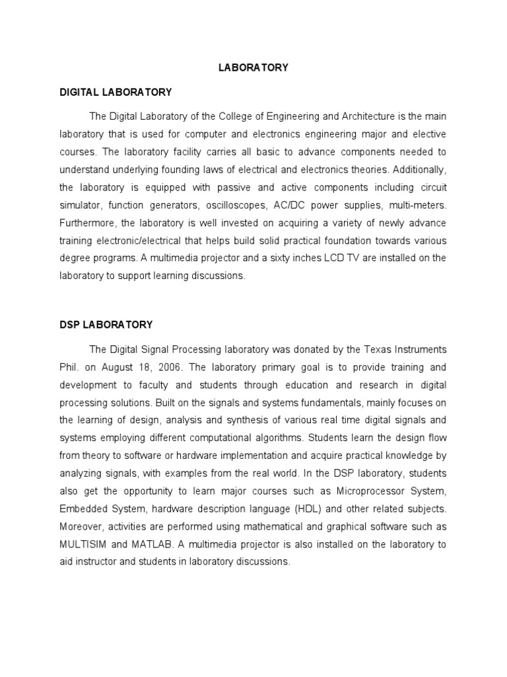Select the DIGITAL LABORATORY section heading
tap(116, 92)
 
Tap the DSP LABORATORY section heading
tap(106, 325)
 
